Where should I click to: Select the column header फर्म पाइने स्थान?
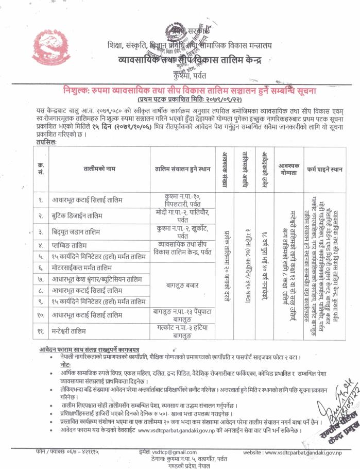(x=324, y=169)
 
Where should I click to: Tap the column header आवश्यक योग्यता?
(x=289, y=169)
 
